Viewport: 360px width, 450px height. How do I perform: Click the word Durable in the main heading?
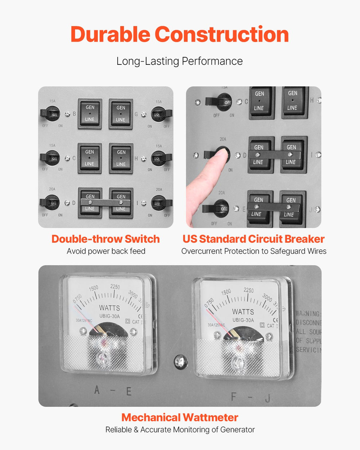[x=110, y=35]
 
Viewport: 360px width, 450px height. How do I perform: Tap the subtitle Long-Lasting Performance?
[x=179, y=61]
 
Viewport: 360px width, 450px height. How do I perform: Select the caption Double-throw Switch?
[x=105, y=239]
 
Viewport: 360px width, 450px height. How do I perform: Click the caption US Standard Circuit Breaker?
[x=253, y=239]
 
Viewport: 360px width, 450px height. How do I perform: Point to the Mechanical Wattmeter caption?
[x=180, y=418]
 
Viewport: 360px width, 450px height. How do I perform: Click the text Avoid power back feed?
[x=106, y=251]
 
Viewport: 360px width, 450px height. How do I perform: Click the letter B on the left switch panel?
[x=75, y=114]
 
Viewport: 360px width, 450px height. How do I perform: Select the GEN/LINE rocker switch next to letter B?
[x=90, y=113]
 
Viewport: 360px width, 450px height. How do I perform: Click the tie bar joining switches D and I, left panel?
[x=105, y=203]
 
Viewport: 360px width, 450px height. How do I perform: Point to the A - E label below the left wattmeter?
[x=113, y=391]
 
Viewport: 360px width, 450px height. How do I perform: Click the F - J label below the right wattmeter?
[x=250, y=397]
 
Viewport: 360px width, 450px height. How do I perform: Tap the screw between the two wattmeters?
[x=180, y=361]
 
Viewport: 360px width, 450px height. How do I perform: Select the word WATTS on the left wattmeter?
[x=109, y=308]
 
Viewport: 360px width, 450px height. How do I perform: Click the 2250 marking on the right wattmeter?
[x=248, y=291]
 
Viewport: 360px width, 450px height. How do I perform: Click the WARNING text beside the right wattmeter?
[x=308, y=314]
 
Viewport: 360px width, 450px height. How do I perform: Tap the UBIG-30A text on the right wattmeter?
[x=243, y=320]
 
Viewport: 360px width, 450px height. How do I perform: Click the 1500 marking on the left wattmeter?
[x=93, y=288]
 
